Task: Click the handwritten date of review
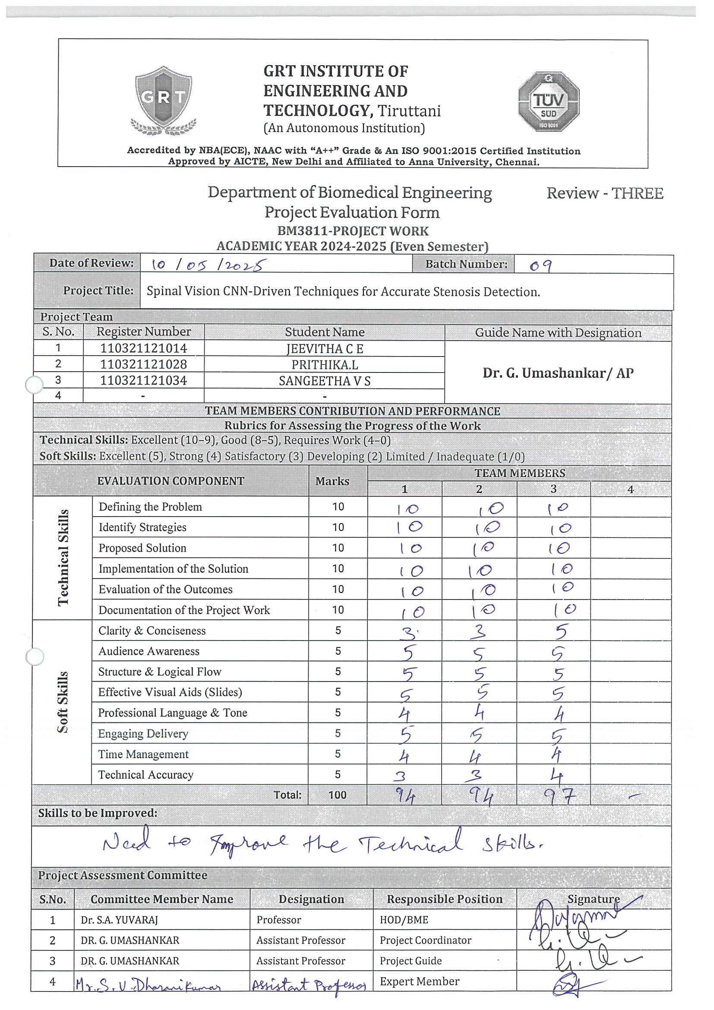coord(209,265)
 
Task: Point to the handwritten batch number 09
coord(540,265)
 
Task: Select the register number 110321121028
coord(143,364)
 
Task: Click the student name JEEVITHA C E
coord(325,349)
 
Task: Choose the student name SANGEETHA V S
coord(325,381)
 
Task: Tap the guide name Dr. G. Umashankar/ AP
coord(558,373)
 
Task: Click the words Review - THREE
coord(604,193)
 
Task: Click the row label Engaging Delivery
coord(143,733)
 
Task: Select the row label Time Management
coord(143,754)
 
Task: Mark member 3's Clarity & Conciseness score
coord(560,632)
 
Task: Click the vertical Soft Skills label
coord(63,702)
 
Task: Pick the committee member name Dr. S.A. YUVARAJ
coord(119,920)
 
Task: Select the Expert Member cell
coord(419,982)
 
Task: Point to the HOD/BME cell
coord(404,920)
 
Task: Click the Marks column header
coord(332,481)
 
